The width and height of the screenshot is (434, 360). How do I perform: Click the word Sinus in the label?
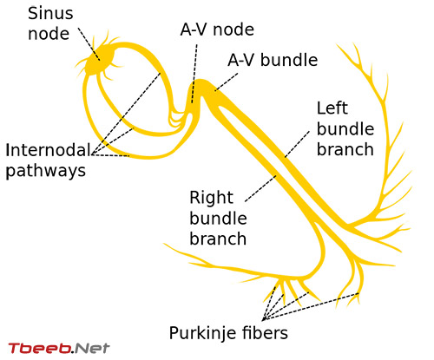pyautogui.click(x=50, y=14)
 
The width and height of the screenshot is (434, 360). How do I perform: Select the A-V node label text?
pyautogui.click(x=217, y=29)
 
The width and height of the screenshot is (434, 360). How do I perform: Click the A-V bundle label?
pyautogui.click(x=273, y=60)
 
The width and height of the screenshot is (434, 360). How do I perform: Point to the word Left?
pyautogui.click(x=332, y=108)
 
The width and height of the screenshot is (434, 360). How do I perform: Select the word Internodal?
pyautogui.click(x=48, y=150)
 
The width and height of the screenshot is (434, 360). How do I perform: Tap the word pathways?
pyautogui.click(x=46, y=171)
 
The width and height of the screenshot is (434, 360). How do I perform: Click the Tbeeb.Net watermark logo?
pyautogui.click(x=59, y=348)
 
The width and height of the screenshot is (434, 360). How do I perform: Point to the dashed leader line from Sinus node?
pyautogui.click(x=89, y=44)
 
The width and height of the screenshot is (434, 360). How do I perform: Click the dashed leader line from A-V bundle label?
pyautogui.click(x=227, y=82)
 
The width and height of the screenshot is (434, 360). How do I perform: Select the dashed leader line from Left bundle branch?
pyautogui.click(x=297, y=144)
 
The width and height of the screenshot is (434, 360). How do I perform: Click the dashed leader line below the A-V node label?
pyautogui.click(x=194, y=74)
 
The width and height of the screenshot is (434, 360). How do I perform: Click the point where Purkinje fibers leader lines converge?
pyautogui.click(x=263, y=320)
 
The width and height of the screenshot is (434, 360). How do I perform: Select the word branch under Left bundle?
pyautogui.click(x=345, y=149)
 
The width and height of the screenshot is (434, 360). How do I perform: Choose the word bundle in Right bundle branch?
pyautogui.click(x=218, y=219)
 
